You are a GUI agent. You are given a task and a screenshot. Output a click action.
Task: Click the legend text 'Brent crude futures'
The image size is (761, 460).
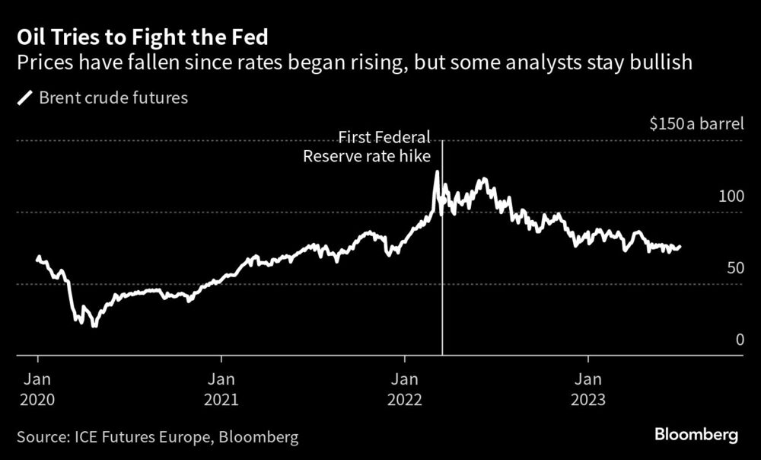(x=113, y=98)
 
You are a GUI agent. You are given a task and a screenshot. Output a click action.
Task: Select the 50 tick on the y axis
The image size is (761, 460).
(x=734, y=268)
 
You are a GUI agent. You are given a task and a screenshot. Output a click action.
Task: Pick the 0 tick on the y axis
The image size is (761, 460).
(x=739, y=340)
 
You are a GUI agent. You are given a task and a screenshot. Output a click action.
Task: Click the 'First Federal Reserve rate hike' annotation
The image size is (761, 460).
(x=368, y=147)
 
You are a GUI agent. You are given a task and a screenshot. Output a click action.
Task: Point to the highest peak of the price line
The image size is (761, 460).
(x=437, y=172)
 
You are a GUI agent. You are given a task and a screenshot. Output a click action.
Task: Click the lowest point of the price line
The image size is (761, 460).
(x=94, y=326)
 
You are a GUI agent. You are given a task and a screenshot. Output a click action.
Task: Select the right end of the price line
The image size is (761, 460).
(x=680, y=247)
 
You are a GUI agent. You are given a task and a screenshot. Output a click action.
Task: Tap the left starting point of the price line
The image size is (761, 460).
(x=38, y=257)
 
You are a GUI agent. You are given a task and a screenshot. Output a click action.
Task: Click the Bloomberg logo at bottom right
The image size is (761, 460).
(x=696, y=436)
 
